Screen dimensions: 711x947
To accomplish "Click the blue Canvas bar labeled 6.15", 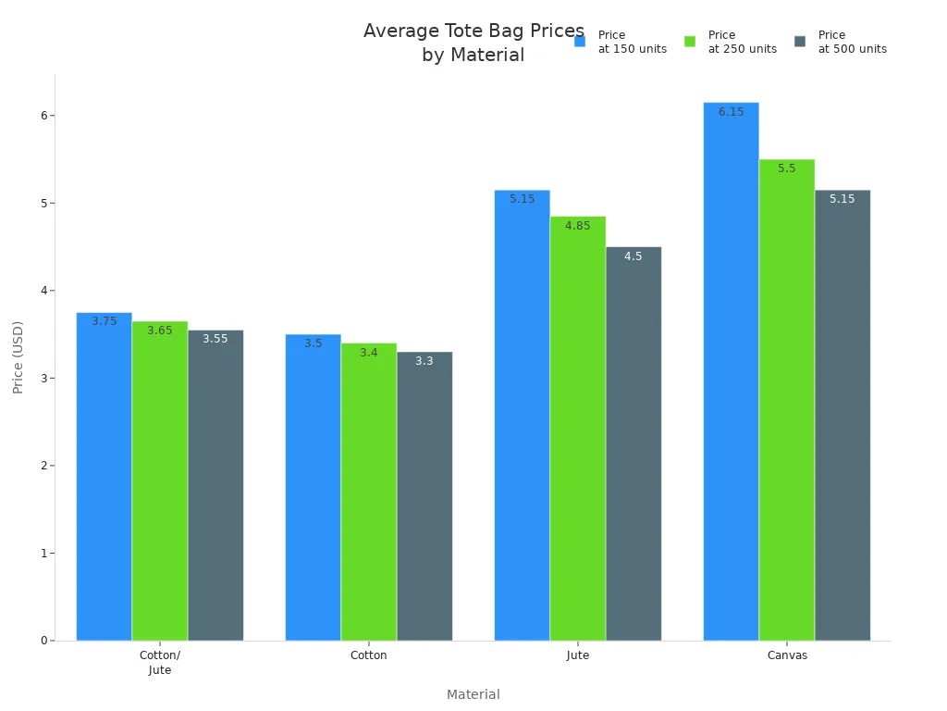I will coord(731,370).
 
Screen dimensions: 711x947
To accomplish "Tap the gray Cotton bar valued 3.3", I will coord(424,495).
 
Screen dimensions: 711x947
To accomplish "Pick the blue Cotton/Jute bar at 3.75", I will coord(104,476).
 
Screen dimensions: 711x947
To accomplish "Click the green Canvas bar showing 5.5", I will coord(786,399).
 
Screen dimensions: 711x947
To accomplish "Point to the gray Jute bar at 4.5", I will coord(633,443).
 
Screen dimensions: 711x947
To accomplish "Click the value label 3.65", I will coord(160,331).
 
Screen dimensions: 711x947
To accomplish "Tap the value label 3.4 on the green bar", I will coord(369,353).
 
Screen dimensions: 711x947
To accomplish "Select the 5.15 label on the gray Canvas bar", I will coord(842,199).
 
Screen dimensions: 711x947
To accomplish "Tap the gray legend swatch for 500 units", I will coord(800,42).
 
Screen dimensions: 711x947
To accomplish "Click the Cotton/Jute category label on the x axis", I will coord(160,662).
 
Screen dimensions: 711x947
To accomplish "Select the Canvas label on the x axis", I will coord(787,655).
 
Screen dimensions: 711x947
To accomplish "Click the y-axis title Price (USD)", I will coord(18,357).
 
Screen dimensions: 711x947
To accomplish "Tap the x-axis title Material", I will coord(473,694).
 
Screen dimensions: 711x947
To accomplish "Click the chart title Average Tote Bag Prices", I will coord(473,31).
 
